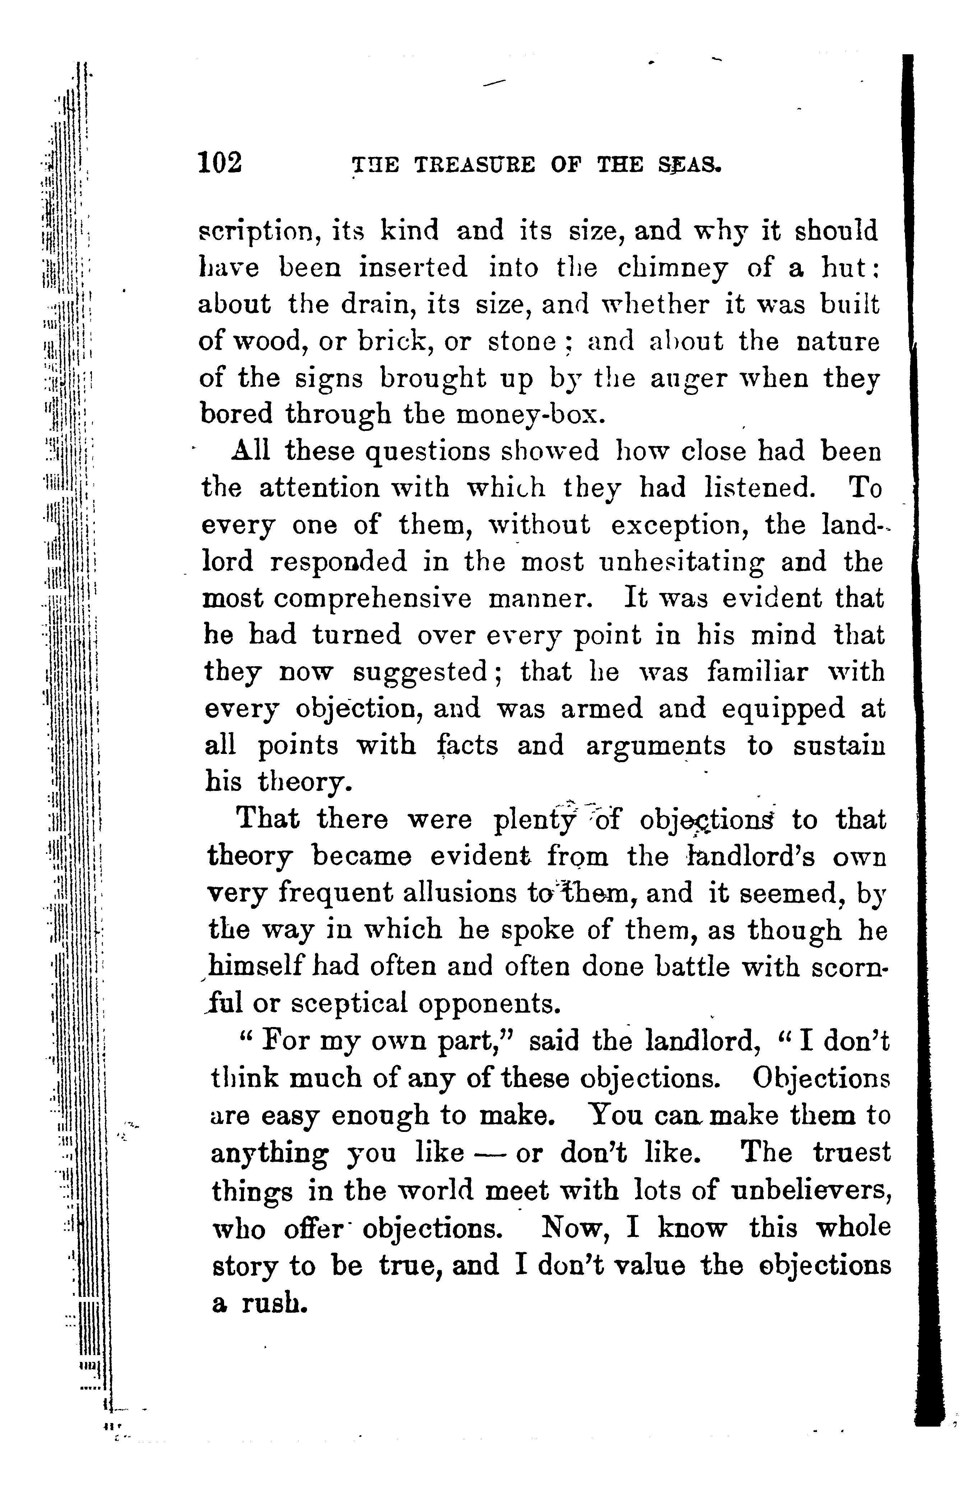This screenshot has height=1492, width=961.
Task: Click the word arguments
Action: [x=655, y=747]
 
